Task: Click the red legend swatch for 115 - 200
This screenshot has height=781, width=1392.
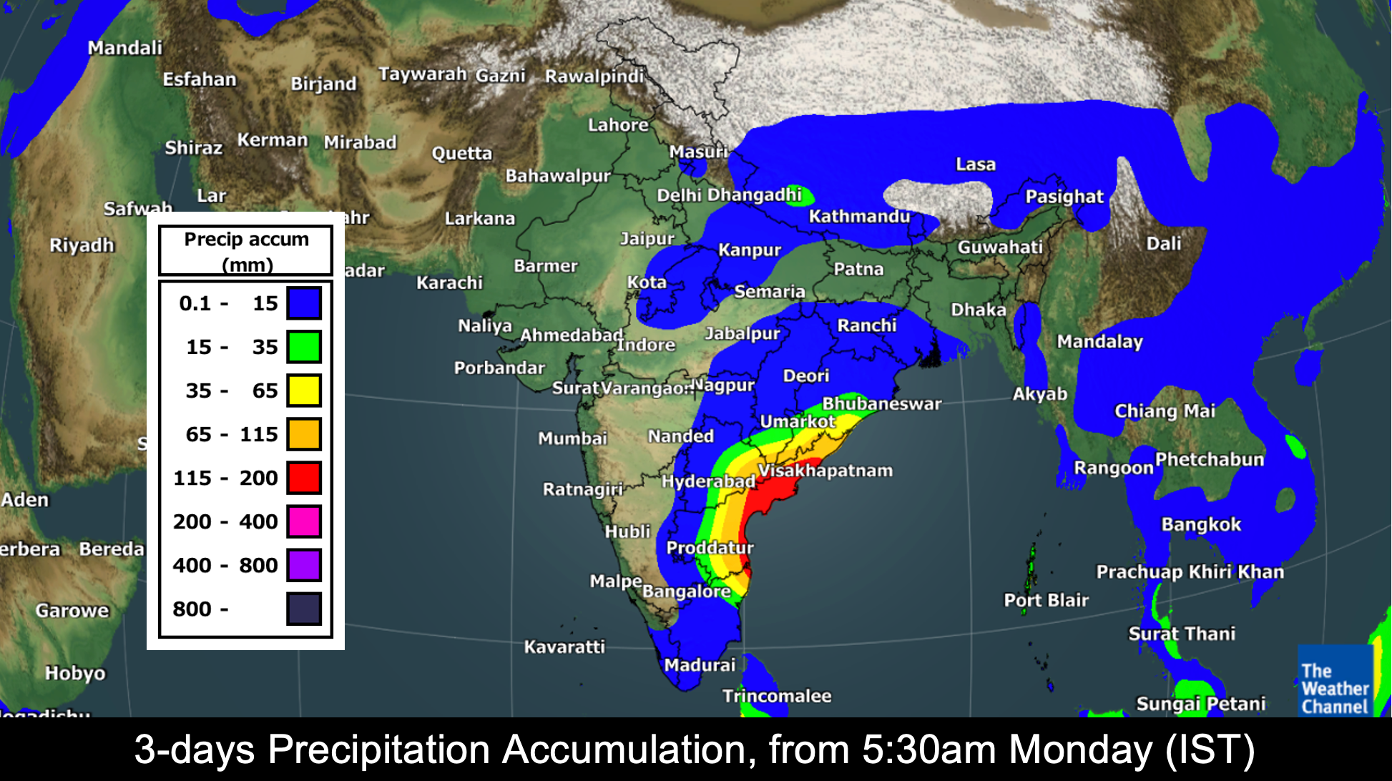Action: coord(304,478)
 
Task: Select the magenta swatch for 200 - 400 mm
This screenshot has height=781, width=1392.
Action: coord(304,521)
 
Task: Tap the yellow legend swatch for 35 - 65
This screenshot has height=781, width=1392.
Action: coord(304,390)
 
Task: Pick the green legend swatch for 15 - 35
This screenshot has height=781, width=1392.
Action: coord(304,347)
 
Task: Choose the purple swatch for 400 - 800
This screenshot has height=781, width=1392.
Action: coord(304,565)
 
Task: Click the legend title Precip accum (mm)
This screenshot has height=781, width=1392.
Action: coord(246,251)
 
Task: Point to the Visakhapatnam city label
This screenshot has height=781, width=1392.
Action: coord(825,471)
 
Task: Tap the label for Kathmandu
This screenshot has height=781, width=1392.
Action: coord(859,216)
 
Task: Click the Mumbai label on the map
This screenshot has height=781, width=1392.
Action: coord(572,438)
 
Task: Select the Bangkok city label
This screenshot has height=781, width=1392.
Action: coord(1201,524)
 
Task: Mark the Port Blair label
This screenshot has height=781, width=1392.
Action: coord(1046,600)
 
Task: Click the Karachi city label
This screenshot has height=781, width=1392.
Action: coord(449,283)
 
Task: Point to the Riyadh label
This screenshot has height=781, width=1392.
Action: coord(82,245)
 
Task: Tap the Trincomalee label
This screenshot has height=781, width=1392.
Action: coord(777,696)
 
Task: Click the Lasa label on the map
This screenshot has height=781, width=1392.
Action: coord(976,164)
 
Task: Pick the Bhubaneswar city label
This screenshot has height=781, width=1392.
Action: coord(881,404)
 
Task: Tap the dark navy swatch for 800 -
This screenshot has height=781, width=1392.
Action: coord(304,609)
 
